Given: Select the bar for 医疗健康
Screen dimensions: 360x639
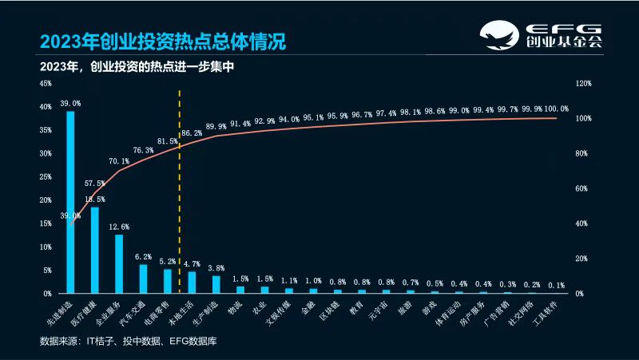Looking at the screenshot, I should click(x=94, y=250).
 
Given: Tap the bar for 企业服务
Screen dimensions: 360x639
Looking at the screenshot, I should click(x=119, y=263).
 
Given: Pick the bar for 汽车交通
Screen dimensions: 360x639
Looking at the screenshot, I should click(x=144, y=279).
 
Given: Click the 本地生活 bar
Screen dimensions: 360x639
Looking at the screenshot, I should click(x=192, y=283).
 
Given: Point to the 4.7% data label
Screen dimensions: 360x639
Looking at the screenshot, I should click(x=192, y=263).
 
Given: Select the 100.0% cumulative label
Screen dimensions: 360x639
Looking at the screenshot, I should click(x=556, y=109).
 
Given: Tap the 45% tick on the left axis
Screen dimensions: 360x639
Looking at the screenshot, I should click(x=45, y=83).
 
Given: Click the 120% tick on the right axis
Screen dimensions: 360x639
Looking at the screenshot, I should click(x=583, y=83).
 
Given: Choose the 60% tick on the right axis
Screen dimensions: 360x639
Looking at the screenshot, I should click(x=581, y=188).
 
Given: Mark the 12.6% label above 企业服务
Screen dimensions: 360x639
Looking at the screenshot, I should click(x=119, y=226).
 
